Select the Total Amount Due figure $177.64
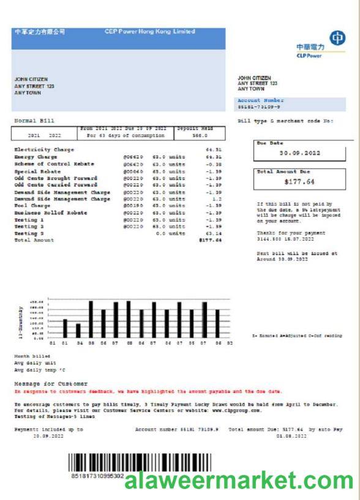tap(292, 182)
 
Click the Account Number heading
tap(260, 100)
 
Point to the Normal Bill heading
tap(34, 121)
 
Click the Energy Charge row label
tap(36, 157)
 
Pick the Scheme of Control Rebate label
tap(54, 163)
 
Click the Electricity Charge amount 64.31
tap(213, 149)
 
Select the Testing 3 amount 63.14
tap(213, 233)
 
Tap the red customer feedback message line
tap(148, 390)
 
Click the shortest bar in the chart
tap(78, 330)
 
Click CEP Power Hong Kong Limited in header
tap(150, 32)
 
